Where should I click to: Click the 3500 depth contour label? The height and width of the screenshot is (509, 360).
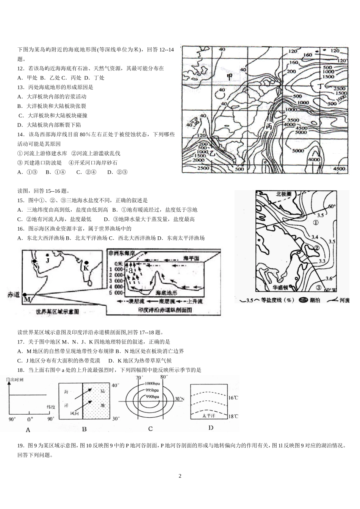coord(291,120)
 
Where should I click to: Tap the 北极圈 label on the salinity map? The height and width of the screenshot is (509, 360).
coord(283,194)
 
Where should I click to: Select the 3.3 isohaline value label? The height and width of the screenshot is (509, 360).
coord(322,261)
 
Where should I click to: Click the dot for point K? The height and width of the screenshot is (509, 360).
coord(86,262)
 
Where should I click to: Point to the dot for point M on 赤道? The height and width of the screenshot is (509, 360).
coord(25,295)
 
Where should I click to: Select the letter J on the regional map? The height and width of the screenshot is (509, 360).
coord(47,260)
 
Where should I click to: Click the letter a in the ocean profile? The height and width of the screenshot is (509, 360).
coord(131,270)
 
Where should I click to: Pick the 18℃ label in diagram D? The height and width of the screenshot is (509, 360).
coord(233,416)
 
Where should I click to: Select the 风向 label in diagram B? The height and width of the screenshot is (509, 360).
coord(74,414)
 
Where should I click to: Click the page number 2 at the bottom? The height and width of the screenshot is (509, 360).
coord(180,476)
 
